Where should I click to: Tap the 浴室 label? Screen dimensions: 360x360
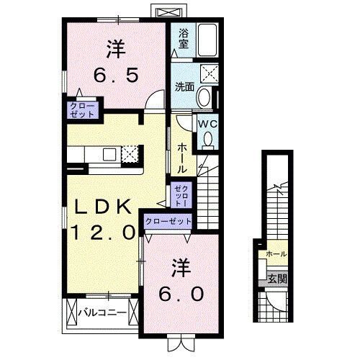[184, 37]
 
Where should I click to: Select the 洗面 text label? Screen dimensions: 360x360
[184, 87]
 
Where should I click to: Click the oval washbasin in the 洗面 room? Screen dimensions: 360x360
[204, 97]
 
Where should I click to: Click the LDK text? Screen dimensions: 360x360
[105, 207]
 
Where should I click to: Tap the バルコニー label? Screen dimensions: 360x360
[102, 313]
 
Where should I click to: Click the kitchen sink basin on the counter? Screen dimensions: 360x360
[110, 153]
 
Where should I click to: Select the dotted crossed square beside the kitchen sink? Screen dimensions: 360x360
[130, 153]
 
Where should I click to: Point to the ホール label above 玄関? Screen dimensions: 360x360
[276, 253]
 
